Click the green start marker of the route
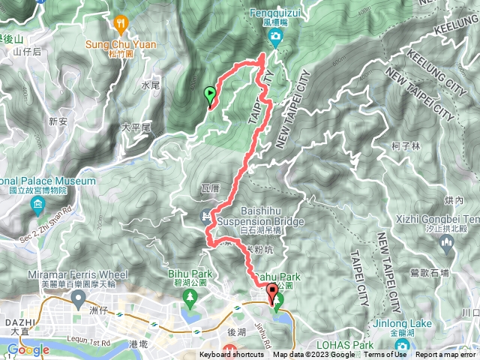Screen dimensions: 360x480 click(x=209, y=94)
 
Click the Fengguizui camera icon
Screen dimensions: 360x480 click(x=276, y=37)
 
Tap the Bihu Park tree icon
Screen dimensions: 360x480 click(x=190, y=299)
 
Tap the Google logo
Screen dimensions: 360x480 click(x=28, y=349)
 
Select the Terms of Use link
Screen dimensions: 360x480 click(x=385, y=355)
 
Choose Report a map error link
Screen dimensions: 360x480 click(x=446, y=355)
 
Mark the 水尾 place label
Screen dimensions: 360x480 click(x=150, y=86)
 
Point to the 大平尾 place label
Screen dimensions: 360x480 click(x=136, y=128)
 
